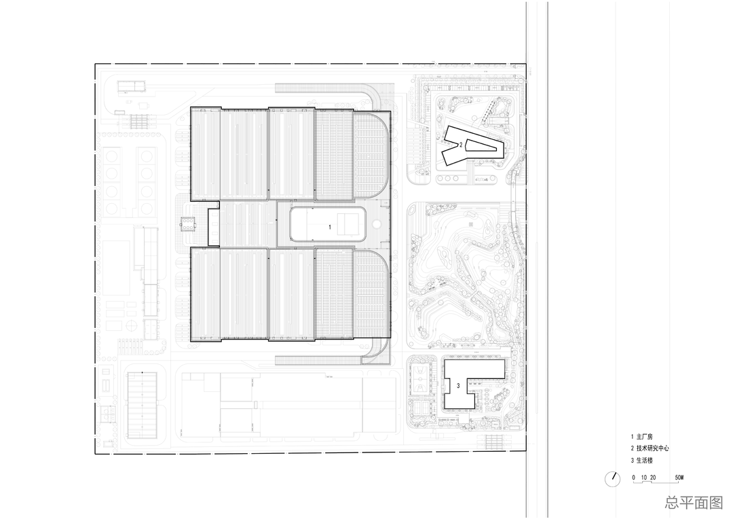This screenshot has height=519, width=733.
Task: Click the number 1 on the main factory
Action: pos(330,227)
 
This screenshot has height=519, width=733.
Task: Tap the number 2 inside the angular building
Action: pos(460,145)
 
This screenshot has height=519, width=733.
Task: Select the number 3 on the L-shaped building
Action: pos(458,386)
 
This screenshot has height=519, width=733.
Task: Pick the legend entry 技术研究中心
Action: pos(652,448)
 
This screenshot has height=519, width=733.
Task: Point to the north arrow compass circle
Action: pos(612,479)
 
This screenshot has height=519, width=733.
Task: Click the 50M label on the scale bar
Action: pos(679,478)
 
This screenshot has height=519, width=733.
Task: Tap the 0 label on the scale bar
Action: pos(634,478)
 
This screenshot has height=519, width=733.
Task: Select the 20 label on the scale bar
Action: pos(653,478)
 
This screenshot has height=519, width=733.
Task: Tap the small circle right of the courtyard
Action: pos(377,225)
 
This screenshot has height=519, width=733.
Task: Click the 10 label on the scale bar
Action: pos(643,478)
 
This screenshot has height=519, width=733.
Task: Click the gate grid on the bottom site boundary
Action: pos(493,442)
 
